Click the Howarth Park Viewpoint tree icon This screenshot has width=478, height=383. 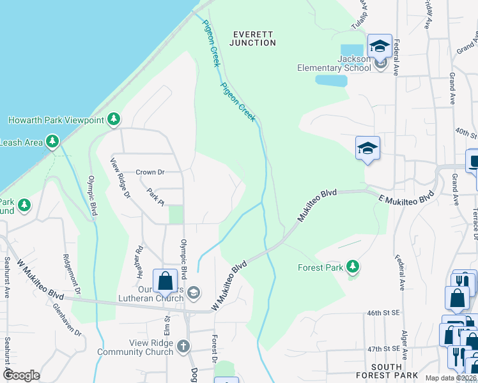(x=114, y=119)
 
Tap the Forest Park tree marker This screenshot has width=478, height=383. (x=351, y=267)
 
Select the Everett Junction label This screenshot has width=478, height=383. (x=254, y=38)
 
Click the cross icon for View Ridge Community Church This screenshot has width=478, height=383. (x=183, y=347)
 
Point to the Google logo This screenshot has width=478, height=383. (x=22, y=375)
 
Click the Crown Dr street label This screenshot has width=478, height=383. (x=150, y=172)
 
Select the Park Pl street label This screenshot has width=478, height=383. (x=155, y=195)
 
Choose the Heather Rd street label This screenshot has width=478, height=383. (x=139, y=262)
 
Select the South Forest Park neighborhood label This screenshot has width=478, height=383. (x=386, y=371)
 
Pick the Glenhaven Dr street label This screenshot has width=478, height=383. (x=68, y=320)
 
